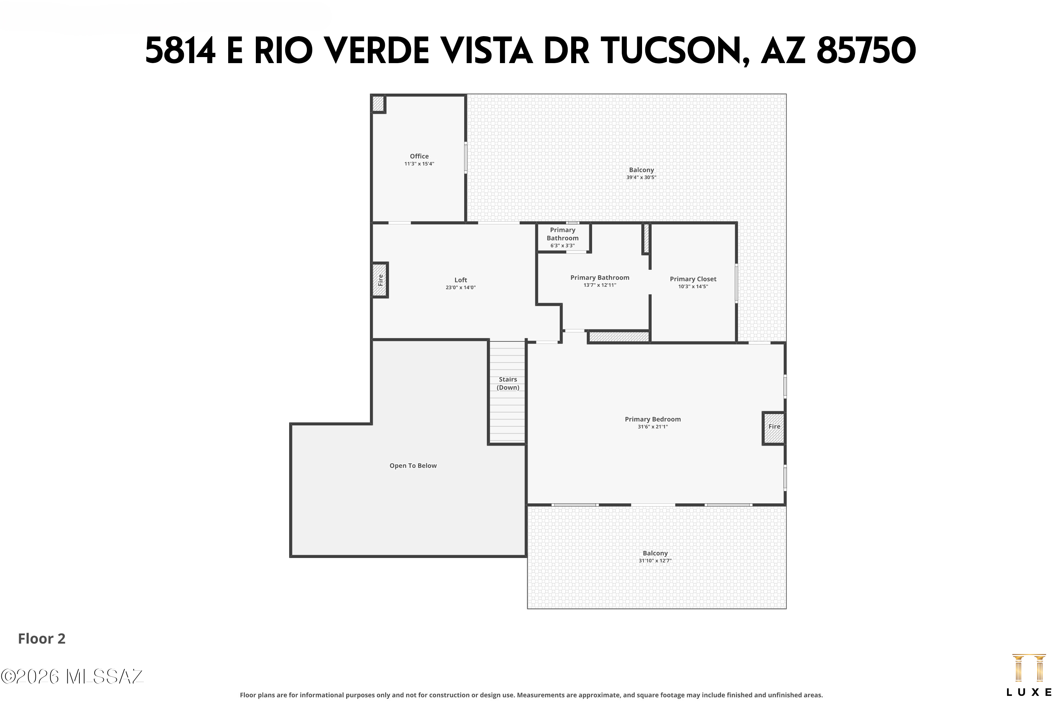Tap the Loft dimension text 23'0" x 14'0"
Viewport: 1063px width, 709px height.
pyautogui.click(x=461, y=287)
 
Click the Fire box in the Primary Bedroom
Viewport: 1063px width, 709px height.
pyautogui.click(x=774, y=428)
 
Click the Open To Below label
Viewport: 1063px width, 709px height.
pyautogui.click(x=413, y=466)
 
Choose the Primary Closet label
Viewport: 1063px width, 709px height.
pyautogui.click(x=693, y=279)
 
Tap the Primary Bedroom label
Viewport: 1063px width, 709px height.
pyautogui.click(x=653, y=419)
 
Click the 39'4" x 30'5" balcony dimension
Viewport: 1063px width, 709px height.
pyautogui.click(x=641, y=178)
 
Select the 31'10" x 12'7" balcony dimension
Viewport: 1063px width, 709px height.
pyautogui.click(x=655, y=561)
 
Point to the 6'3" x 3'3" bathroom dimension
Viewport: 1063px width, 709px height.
pyautogui.click(x=562, y=246)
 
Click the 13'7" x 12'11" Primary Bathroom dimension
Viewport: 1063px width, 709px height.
pyautogui.click(x=600, y=285)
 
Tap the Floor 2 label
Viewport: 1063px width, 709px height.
pyautogui.click(x=41, y=638)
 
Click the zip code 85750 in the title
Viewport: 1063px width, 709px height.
pyautogui.click(x=866, y=51)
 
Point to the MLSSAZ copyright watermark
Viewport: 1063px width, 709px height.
pyautogui.click(x=72, y=677)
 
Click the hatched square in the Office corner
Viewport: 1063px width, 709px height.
pyautogui.click(x=378, y=104)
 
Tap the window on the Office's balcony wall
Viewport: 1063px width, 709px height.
pyautogui.click(x=466, y=158)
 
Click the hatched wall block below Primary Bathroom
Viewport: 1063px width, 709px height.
pyautogui.click(x=619, y=337)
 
